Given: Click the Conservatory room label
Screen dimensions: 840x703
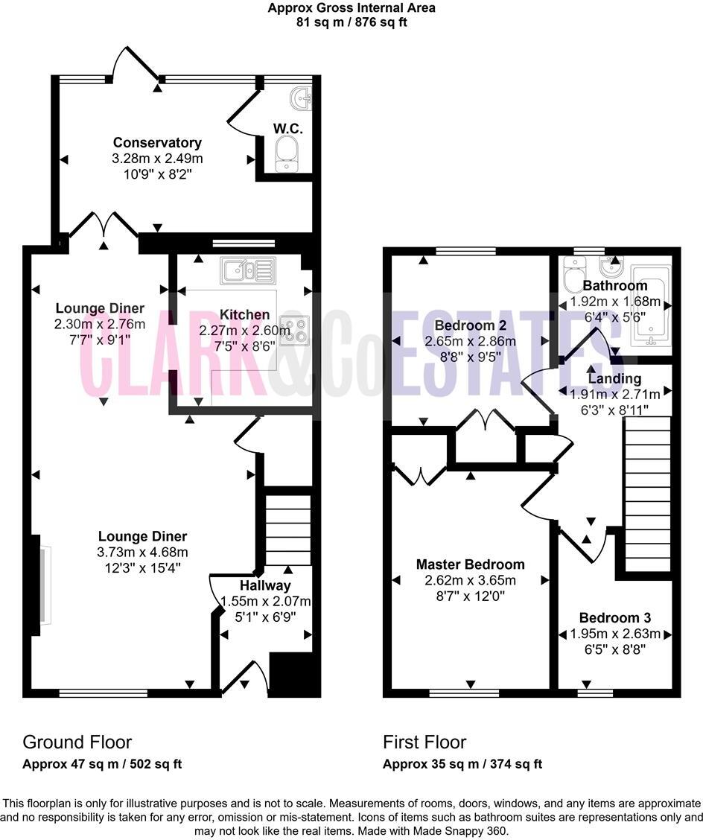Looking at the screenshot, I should click(x=157, y=142).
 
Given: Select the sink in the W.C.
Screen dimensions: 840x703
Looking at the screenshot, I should click(x=302, y=98).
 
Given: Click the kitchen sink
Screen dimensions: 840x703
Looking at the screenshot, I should click(x=247, y=270).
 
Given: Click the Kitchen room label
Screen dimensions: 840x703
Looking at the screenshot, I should click(x=234, y=315).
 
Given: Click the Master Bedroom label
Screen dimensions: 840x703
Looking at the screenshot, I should click(x=470, y=564).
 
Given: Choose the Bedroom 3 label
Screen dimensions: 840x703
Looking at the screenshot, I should click(x=615, y=617).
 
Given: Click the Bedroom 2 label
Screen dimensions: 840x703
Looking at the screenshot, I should click(x=465, y=325).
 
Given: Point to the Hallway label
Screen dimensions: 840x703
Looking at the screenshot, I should click(x=265, y=586).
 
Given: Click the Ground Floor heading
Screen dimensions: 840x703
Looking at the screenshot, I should click(x=77, y=742).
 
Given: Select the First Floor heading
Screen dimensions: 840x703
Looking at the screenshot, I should click(x=424, y=742).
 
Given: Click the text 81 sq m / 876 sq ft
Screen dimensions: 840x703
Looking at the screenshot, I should click(x=351, y=22).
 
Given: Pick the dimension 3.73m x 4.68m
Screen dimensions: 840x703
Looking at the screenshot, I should click(x=143, y=552).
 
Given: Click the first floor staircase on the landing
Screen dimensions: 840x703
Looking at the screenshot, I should click(x=646, y=491).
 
